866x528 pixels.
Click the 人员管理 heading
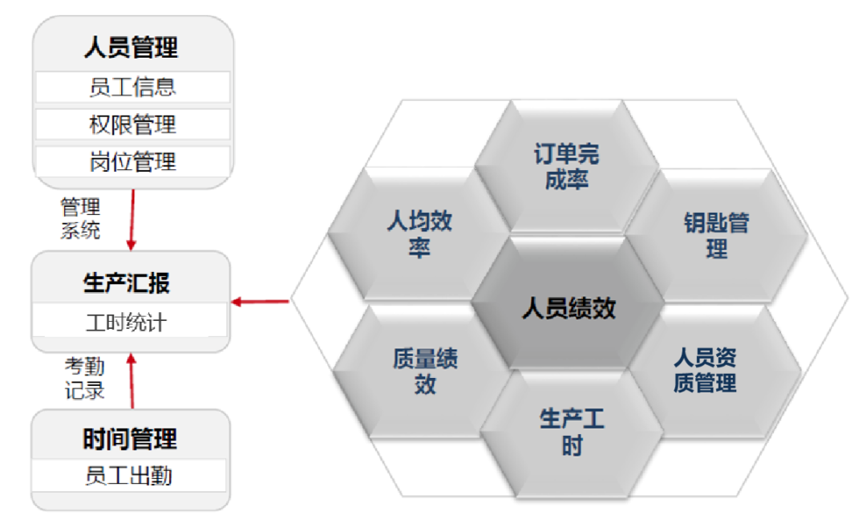131,47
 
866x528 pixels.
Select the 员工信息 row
132,87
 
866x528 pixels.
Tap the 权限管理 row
132,124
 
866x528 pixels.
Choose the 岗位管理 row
132,162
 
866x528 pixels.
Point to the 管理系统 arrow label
80,219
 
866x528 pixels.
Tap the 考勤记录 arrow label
84,380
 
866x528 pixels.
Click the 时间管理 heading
130,439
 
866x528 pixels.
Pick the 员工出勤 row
129,477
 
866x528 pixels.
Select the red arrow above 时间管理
132,381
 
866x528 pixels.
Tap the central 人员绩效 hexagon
569,309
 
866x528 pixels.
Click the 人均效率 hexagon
419,234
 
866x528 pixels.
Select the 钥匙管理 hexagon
716,234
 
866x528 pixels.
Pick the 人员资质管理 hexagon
705,370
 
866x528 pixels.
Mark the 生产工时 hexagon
571,432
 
